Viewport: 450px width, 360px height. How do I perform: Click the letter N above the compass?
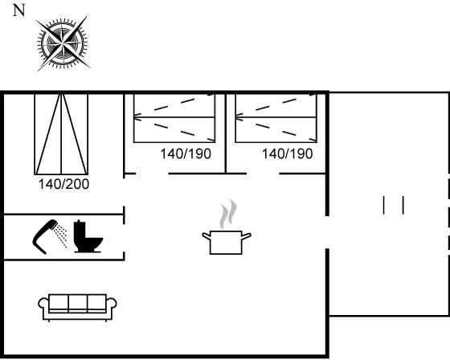19,10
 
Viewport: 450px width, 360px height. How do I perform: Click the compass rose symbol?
63,43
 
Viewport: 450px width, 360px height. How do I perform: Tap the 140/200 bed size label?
63,184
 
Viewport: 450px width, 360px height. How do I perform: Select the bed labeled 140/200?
61,134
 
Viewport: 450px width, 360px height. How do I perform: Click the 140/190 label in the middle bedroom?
186,153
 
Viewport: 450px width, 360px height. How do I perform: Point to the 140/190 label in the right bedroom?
288,153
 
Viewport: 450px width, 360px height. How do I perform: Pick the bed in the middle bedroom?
174,117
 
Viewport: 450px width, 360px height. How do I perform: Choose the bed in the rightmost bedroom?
276,117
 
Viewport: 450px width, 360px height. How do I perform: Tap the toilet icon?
88,236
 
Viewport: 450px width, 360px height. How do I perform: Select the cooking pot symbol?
227,242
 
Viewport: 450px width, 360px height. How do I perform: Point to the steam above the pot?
228,214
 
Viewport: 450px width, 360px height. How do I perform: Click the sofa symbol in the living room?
77,307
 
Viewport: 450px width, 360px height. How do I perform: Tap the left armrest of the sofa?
43,305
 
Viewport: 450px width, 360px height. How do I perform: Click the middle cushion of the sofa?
78,303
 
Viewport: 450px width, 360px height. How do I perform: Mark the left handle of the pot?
207,236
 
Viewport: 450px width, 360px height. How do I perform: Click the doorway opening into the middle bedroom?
152,174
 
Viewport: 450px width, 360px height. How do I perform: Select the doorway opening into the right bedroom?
263,174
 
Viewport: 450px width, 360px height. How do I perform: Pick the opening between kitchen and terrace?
327,232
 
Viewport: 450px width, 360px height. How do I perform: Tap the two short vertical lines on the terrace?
394,205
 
